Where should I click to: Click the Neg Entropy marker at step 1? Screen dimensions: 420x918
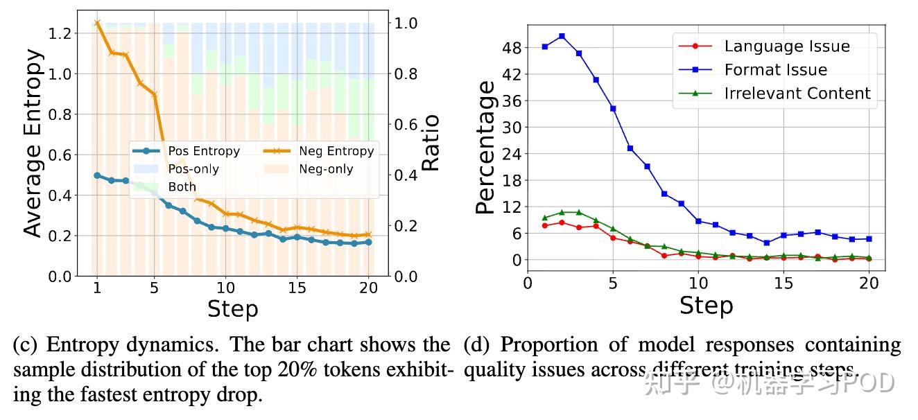click(x=97, y=23)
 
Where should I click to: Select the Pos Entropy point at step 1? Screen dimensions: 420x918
click(x=97, y=175)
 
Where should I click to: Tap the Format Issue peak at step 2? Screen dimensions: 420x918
click(x=562, y=36)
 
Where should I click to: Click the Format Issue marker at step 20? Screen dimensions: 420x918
click(x=869, y=238)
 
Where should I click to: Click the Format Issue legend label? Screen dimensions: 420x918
click(x=776, y=70)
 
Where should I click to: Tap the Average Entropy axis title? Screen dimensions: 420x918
click(x=33, y=143)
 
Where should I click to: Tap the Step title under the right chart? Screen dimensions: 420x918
click(x=706, y=305)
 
